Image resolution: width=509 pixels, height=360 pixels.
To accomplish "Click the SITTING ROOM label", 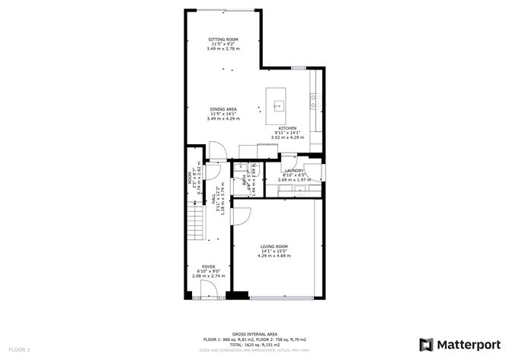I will coord(224,39).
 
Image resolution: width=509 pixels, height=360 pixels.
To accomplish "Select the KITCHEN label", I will coord(287,128).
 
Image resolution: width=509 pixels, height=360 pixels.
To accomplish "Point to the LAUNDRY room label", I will coord(293,171).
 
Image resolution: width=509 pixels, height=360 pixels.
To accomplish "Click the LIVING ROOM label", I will coord(273,246).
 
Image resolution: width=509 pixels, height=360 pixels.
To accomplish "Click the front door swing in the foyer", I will coord(207,291).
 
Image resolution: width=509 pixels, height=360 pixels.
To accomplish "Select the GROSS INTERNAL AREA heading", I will coord(254,334).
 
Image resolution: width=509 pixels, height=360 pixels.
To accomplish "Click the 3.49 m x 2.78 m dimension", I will coord(224,48).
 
